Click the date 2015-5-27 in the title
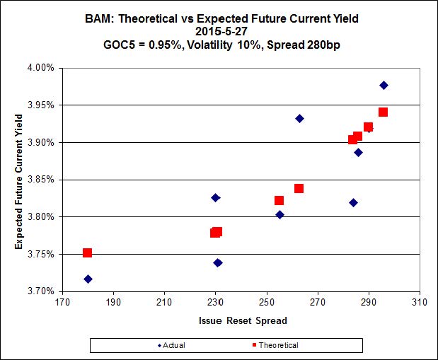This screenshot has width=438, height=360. pos(219,30)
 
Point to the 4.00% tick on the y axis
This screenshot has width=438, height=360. pos(42,68)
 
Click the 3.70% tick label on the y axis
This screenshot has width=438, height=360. pos(42,291)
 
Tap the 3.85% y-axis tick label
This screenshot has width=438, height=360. pos(42,180)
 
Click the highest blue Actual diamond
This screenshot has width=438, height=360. pos(384,85)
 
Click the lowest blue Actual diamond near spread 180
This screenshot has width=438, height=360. pos(88,279)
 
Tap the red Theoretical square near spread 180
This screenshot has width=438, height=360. pos(87,252)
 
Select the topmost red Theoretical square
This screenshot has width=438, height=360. pos(383,112)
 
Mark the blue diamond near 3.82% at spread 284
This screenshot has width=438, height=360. pos(353,202)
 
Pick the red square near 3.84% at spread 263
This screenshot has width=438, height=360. pos(299,188)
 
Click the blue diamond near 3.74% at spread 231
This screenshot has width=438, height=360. pos(218,262)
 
